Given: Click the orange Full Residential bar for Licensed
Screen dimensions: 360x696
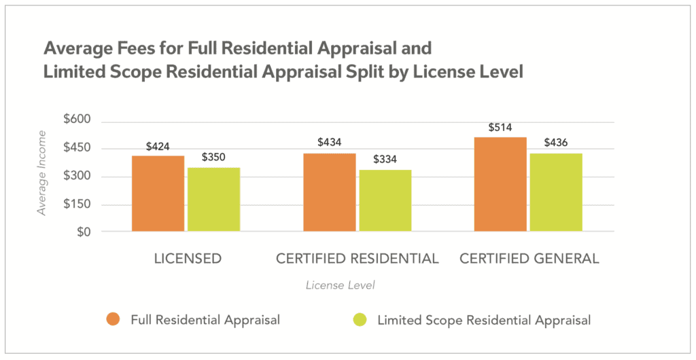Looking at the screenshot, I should click(158, 194).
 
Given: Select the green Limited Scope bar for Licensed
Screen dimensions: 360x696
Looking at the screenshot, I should click(213, 200).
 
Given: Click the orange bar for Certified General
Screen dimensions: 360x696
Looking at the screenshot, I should click(500, 184).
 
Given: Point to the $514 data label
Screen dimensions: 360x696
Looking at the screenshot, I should click(500, 128).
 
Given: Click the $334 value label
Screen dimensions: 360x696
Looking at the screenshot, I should click(385, 160).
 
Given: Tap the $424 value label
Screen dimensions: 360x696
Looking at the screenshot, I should click(158, 146).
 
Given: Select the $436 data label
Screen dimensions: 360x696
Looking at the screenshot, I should click(556, 143).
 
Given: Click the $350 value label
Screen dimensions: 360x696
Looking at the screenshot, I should click(213, 158).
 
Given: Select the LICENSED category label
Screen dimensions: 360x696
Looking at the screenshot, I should click(186, 259).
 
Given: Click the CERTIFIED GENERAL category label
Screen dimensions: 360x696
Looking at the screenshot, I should click(529, 259).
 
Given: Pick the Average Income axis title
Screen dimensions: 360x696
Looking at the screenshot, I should click(41, 173).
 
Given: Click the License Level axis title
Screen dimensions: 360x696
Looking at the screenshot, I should click(339, 285).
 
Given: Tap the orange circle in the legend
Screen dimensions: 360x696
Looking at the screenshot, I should click(114, 320).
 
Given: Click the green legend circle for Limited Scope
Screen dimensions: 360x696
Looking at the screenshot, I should click(360, 320).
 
